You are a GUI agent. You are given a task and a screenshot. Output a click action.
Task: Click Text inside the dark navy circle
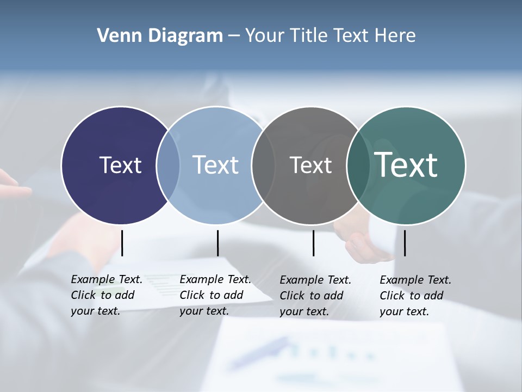click(120, 165)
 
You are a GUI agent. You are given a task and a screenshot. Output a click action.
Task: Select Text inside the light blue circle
click(215, 165)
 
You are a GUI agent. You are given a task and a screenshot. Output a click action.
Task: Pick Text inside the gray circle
click(310, 165)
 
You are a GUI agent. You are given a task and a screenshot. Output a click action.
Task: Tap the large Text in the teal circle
click(406, 164)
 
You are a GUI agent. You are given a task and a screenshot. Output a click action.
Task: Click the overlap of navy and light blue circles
click(168, 166)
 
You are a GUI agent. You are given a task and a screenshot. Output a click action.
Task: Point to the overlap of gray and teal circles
click(358, 166)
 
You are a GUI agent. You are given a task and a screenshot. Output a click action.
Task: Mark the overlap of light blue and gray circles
click(263, 166)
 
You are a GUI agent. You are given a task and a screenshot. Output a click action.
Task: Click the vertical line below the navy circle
click(122, 243)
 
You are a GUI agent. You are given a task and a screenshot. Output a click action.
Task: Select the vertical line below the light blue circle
click(217, 243)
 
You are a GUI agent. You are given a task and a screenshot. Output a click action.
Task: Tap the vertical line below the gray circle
click(313, 243)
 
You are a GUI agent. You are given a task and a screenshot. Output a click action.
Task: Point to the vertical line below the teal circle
click(405, 243)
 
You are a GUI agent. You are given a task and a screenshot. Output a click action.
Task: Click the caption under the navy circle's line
click(106, 295)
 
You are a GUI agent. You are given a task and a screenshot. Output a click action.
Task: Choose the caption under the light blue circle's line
click(215, 295)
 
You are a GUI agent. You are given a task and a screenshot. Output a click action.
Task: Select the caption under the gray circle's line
click(315, 296)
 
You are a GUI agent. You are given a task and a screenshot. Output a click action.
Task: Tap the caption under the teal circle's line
click(415, 296)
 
